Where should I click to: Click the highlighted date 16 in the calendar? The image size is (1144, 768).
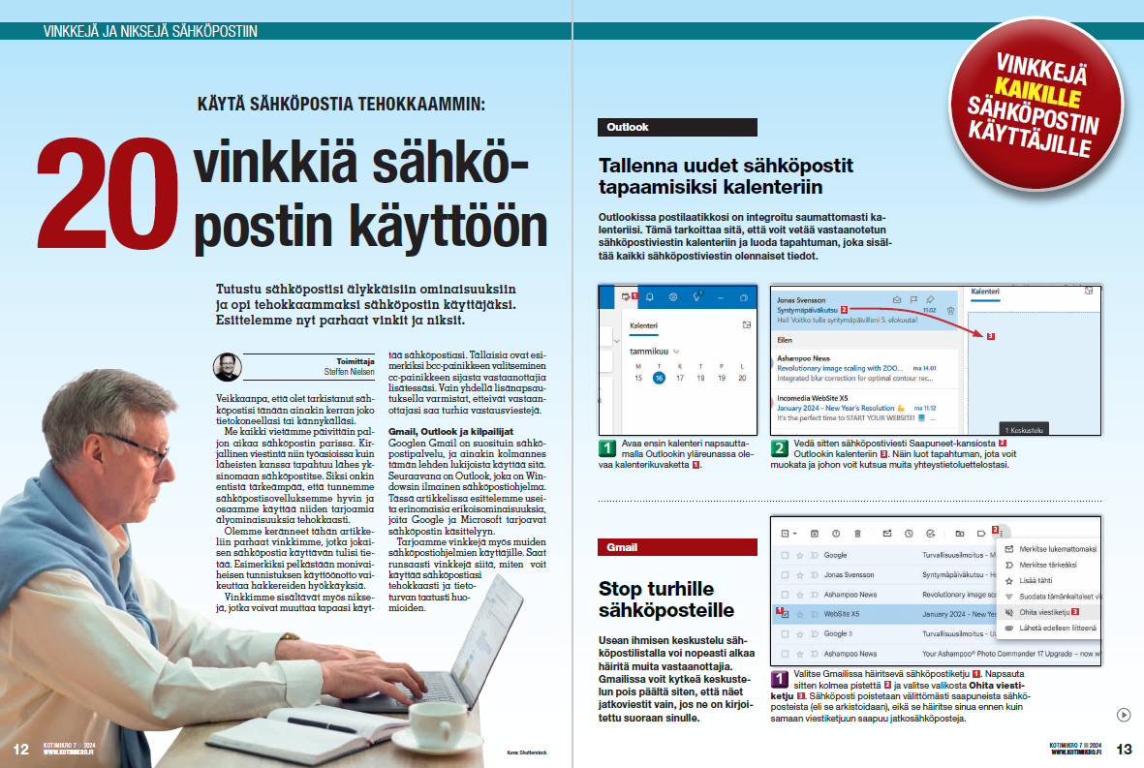point(659,378)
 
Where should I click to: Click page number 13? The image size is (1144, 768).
point(1124,749)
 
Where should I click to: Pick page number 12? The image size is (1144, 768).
point(21,749)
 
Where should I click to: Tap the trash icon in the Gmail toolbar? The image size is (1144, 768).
point(857,533)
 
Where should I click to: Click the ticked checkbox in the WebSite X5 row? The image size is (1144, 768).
point(785,614)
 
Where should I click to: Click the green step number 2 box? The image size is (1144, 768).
point(781,448)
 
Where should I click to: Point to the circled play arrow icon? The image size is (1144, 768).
point(1123,715)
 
